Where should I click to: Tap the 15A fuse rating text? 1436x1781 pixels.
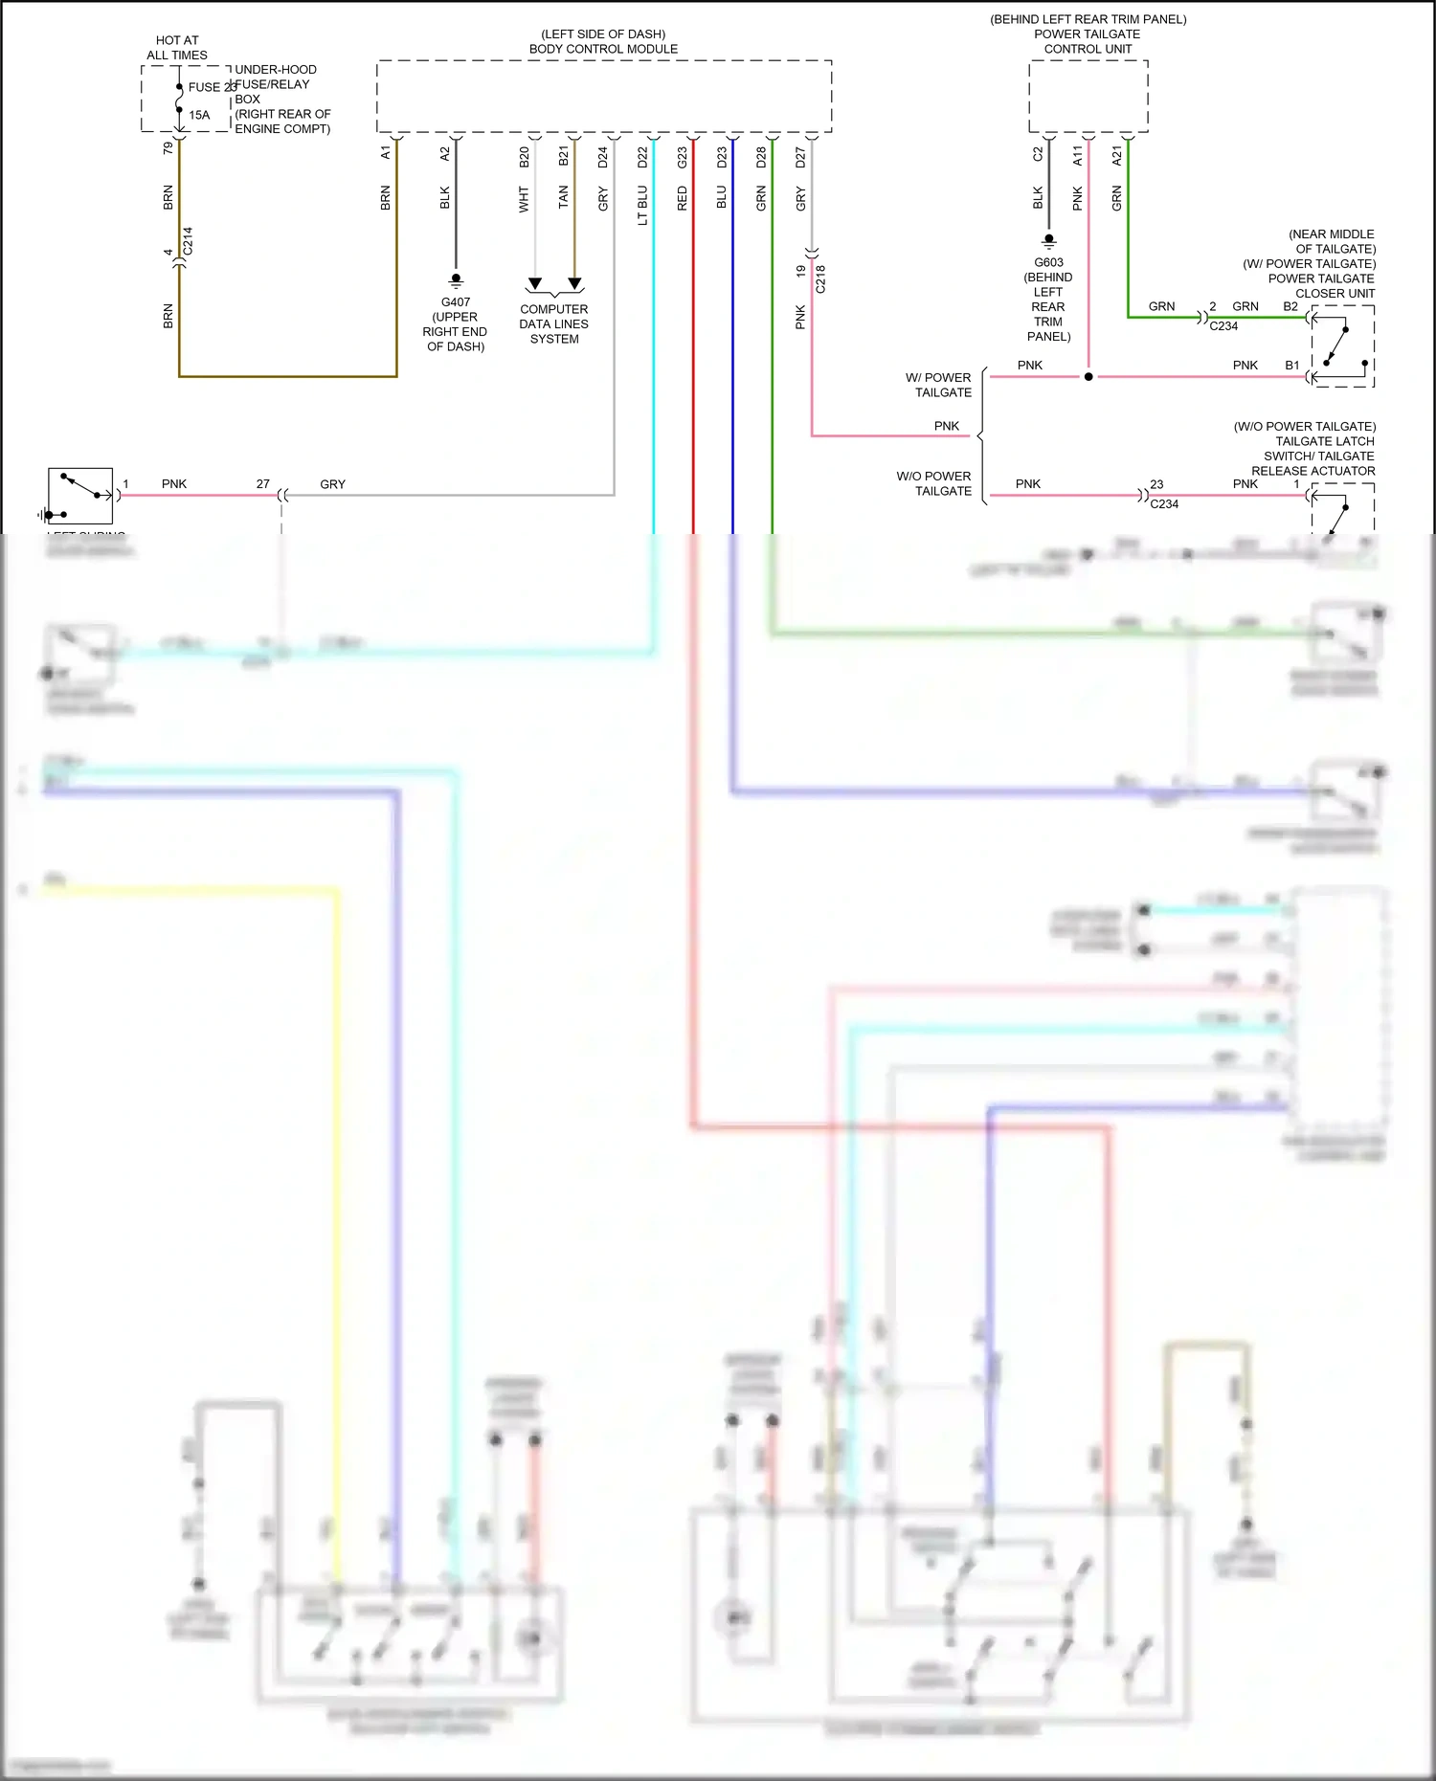pyautogui.click(x=199, y=115)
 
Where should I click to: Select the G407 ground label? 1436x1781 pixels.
pyautogui.click(x=456, y=302)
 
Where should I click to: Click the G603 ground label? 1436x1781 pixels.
pyautogui.click(x=1048, y=262)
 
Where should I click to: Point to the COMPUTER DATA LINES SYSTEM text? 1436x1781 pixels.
pyautogui.click(x=553, y=323)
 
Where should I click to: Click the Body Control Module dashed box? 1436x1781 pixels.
pyautogui.click(x=603, y=97)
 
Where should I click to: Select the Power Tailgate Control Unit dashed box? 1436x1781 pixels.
pyautogui.click(x=1088, y=97)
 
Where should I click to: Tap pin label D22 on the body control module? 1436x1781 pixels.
pyautogui.click(x=642, y=157)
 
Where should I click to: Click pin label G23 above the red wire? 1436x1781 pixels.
pyautogui.click(x=682, y=157)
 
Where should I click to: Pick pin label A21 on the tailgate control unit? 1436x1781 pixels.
pyautogui.click(x=1116, y=156)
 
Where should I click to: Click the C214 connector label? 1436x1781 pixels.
pyautogui.click(x=188, y=240)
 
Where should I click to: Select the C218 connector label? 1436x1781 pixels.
pyautogui.click(x=820, y=278)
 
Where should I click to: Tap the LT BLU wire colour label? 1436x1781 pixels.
pyautogui.click(x=642, y=206)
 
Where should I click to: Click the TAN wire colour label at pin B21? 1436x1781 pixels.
pyautogui.click(x=563, y=197)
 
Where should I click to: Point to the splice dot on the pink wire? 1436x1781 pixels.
pyautogui.click(x=1088, y=377)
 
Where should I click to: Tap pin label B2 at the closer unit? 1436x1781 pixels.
pyautogui.click(x=1290, y=307)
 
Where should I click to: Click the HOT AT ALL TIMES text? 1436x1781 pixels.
pyautogui.click(x=177, y=48)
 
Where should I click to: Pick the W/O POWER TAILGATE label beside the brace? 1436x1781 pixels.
pyautogui.click(x=933, y=483)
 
